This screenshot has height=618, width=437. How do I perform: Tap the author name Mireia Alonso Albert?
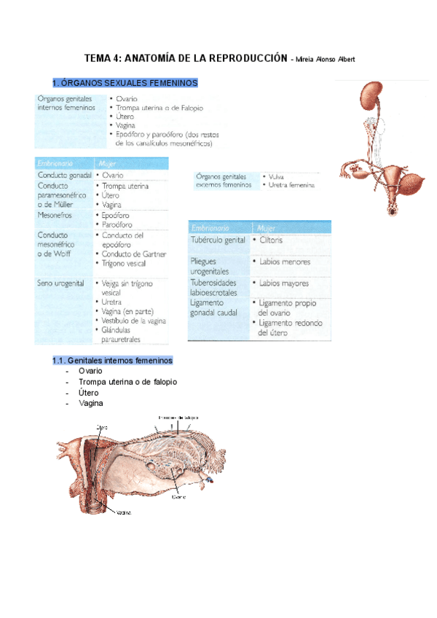coord(324,60)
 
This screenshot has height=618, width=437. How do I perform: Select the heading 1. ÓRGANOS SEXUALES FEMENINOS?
coord(125,83)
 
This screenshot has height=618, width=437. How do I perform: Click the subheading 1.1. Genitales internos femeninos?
coord(112,360)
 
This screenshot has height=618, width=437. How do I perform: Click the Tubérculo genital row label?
coord(217,240)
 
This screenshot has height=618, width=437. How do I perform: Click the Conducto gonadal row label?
coord(63,176)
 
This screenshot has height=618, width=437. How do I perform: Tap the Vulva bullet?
coord(276,176)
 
